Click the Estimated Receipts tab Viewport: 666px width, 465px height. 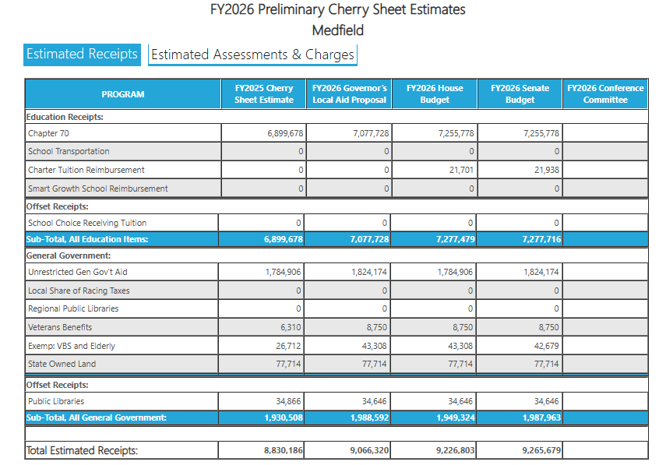tap(82, 55)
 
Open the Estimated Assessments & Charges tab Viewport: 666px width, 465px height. tap(252, 55)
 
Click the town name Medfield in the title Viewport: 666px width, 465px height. tap(337, 31)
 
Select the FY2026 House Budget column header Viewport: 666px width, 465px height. tap(434, 94)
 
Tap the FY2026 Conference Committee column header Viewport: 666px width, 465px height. tap(605, 94)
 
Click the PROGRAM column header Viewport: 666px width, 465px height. tap(123, 94)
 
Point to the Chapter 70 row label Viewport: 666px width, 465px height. tap(48, 133)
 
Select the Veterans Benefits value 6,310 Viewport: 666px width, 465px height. tap(289, 327)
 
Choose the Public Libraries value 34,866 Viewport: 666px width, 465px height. tap(287, 401)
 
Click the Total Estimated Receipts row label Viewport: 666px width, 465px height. tap(82, 451)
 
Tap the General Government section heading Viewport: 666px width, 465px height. tap(69, 255)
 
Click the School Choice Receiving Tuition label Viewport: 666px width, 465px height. tap(86, 223)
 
